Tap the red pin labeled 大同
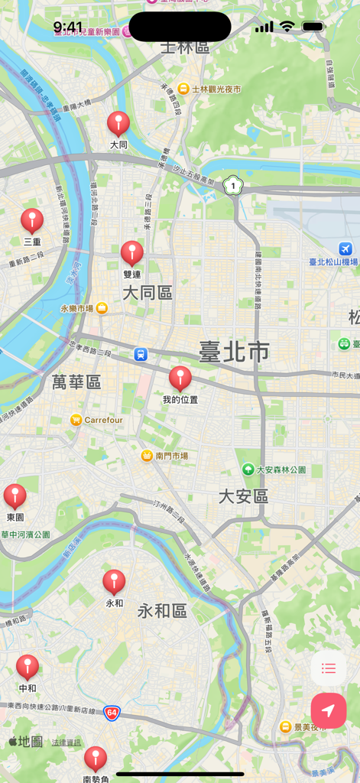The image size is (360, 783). (x=118, y=124)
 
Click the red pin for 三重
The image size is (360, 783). (x=32, y=221)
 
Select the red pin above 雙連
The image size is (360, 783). (x=132, y=254)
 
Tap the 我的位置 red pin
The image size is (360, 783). (x=180, y=379)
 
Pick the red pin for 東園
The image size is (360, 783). (x=15, y=497)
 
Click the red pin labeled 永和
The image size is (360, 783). (x=114, y=583)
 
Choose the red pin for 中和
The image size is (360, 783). (x=28, y=668)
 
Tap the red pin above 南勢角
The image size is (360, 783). (x=96, y=759)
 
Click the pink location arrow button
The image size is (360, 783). (x=329, y=711)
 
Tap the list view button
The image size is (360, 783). (x=329, y=669)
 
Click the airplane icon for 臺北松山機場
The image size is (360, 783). (x=345, y=249)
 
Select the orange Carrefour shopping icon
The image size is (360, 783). (x=76, y=420)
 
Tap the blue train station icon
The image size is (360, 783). (x=141, y=354)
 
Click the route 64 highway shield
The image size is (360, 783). (x=112, y=713)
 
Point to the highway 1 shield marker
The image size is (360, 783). (x=231, y=185)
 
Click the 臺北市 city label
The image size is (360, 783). (x=234, y=352)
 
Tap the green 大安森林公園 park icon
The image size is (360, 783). (x=248, y=469)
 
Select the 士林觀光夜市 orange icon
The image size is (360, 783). (x=183, y=89)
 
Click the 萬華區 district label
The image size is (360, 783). (x=76, y=382)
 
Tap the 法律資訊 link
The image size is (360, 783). (x=66, y=742)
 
